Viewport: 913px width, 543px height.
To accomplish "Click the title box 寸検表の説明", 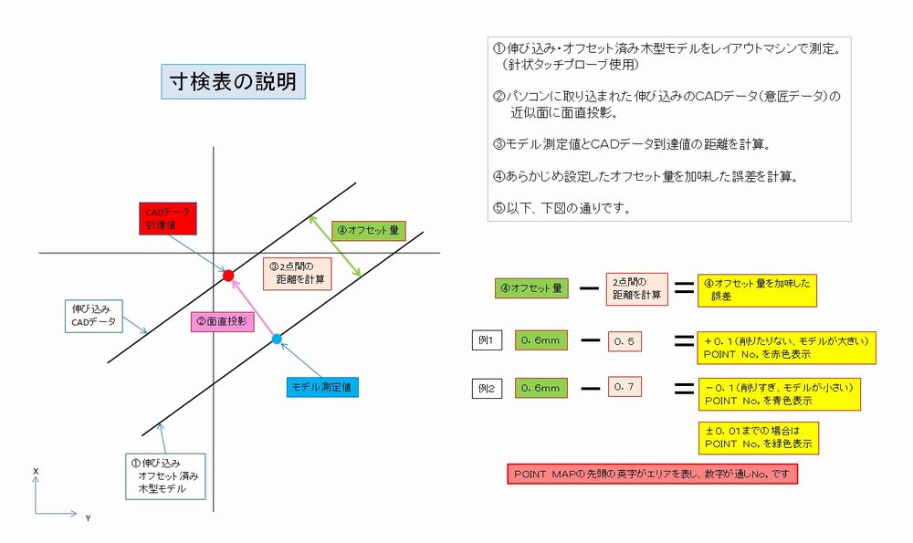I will point(233,82).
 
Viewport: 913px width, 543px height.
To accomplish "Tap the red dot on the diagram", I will point(229,275).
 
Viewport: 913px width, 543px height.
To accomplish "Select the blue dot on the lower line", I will point(277,339).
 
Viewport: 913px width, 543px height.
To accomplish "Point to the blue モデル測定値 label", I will point(320,386).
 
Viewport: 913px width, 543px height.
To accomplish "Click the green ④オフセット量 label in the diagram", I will point(367,231).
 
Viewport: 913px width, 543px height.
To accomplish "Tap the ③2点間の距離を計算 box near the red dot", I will point(298,272).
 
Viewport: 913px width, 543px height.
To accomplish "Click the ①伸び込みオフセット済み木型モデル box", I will point(165,475).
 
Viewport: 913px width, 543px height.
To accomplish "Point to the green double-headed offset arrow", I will point(334,245).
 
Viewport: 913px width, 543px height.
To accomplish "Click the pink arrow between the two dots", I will point(253,308).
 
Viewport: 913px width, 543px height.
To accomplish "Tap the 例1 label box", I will point(486,340).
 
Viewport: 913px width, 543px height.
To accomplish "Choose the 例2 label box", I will point(486,387).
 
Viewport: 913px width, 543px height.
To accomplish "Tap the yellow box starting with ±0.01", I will point(758,437).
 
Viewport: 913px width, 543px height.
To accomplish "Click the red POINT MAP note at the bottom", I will point(653,475).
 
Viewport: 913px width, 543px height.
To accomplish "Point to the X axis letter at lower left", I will point(35,471).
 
